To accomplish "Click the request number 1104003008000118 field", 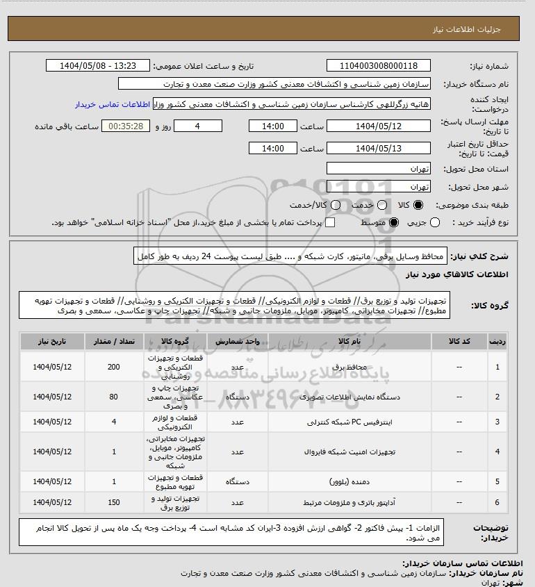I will click(x=379, y=66).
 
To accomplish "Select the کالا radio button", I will click(x=418, y=206).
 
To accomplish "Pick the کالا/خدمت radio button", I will click(x=336, y=206).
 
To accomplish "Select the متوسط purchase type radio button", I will click(x=394, y=222).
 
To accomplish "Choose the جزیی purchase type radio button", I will click(x=436, y=222).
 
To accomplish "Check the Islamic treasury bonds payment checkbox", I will click(x=330, y=222).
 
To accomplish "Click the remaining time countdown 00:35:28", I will click(x=126, y=126).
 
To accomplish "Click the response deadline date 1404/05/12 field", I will click(x=379, y=126).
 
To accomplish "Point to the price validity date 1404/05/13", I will click(x=379, y=148).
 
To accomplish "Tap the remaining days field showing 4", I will click(x=198, y=126).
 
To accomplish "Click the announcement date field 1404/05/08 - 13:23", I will click(x=97, y=66).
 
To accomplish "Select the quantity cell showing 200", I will click(x=113, y=367).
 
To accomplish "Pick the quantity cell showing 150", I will click(x=113, y=502).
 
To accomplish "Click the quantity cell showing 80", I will click(x=113, y=397).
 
